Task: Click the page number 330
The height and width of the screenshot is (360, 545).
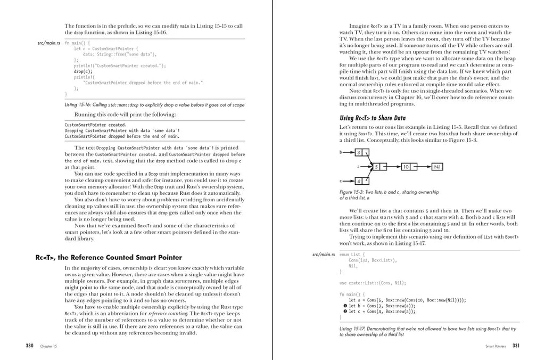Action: (30, 346)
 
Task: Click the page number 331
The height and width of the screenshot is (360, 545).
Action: (516, 346)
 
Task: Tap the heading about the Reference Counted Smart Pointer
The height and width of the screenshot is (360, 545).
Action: (109, 257)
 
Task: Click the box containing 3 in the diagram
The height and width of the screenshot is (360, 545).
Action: (359, 153)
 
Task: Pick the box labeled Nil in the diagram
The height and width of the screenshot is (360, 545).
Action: (438, 167)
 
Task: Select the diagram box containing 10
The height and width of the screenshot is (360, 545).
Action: (406, 167)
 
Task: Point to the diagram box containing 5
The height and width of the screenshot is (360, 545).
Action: (376, 167)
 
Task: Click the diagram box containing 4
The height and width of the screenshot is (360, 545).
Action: (359, 181)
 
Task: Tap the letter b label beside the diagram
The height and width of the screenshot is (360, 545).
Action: (341, 153)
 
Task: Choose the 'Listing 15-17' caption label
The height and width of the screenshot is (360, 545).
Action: (352, 329)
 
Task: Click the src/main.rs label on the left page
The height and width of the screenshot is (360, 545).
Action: (48, 42)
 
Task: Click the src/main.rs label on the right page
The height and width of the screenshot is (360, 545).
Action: (324, 255)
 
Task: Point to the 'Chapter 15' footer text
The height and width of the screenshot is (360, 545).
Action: (48, 346)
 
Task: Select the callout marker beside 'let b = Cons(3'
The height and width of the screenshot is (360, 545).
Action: (345, 306)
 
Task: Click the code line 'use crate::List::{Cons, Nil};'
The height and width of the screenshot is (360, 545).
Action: (373, 283)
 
